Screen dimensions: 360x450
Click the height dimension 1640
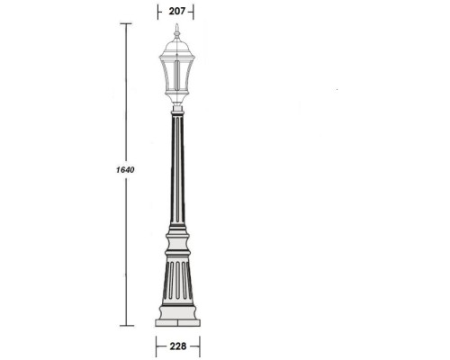[113, 170]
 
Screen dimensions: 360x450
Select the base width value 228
[178, 346]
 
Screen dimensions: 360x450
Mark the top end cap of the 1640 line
[125, 24]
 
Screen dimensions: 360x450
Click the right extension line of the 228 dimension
[199, 346]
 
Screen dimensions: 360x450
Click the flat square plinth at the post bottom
[178, 319]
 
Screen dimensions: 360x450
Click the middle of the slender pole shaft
[177, 171]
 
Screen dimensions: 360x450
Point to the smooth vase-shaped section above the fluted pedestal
[178, 243]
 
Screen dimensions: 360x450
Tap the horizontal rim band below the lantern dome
[177, 57]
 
